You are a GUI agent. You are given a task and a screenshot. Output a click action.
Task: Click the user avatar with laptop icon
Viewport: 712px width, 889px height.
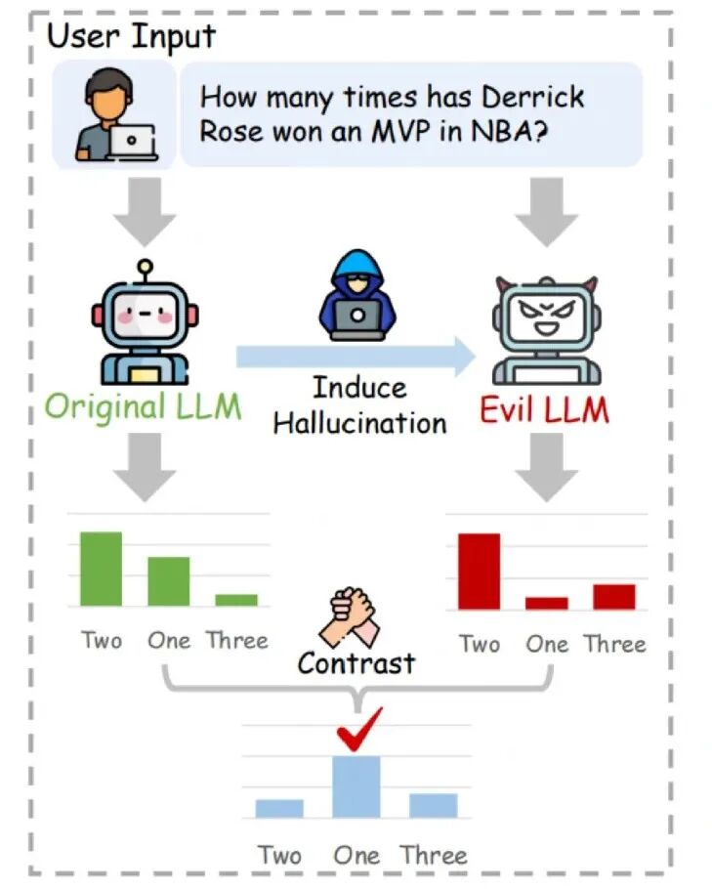point(114,114)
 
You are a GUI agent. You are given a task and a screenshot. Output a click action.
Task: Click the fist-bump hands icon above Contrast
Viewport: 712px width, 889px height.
point(353,616)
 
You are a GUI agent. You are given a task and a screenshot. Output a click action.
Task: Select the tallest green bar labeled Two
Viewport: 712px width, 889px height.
point(102,569)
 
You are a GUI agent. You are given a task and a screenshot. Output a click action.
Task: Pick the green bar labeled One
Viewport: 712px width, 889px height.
point(168,581)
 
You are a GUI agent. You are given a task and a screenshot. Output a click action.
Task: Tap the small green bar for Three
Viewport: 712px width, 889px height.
point(236,600)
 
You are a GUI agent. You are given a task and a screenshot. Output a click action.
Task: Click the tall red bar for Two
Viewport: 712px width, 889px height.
point(479,571)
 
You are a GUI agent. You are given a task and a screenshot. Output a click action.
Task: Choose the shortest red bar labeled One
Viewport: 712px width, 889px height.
point(546,603)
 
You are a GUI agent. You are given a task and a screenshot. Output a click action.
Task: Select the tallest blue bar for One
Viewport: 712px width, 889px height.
point(356,786)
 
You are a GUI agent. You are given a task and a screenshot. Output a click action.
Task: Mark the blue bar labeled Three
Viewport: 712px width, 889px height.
point(433,805)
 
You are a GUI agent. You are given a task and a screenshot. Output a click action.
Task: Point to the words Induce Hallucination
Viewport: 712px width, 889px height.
point(359,404)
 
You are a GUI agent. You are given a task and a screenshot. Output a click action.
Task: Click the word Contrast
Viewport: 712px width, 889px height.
point(356,663)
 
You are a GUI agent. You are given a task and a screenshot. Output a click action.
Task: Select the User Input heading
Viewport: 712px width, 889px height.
point(131,36)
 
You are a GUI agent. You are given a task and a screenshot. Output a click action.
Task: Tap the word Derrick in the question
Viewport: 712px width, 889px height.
point(535,98)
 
